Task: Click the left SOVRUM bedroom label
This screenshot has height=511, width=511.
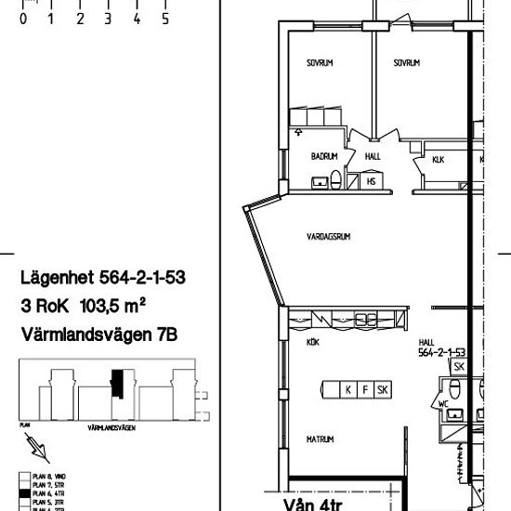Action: pos(320,63)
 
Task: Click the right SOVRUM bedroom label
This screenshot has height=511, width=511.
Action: pos(406,63)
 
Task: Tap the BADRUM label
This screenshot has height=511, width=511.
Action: pos(323,157)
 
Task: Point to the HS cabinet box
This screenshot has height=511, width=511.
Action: pos(371,181)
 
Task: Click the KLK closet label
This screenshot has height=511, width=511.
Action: pos(439,160)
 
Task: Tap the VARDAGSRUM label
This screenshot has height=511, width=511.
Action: pos(328,237)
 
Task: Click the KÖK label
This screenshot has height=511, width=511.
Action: pos(312,342)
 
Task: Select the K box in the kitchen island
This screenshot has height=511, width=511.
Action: pos(347,389)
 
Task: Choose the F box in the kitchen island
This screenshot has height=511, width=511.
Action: pos(364,389)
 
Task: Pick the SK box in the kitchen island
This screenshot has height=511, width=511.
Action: pos(383,389)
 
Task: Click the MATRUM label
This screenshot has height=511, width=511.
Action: pos(321,439)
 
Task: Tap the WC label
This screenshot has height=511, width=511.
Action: pos(444,405)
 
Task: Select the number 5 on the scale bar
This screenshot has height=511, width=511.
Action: pos(165,18)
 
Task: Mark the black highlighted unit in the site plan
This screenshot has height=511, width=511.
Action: pos(116,382)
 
